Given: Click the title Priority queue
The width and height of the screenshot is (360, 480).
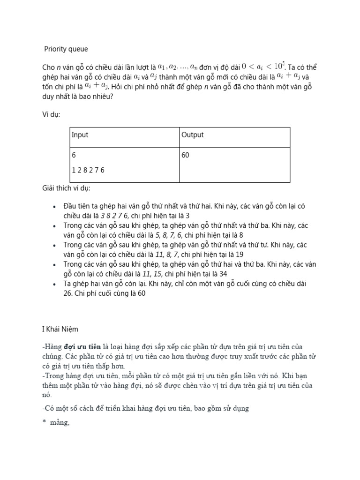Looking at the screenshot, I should point(66,49).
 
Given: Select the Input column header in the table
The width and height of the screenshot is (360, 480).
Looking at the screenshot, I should point(80,135).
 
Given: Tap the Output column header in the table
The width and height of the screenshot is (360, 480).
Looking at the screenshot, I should point(192,135).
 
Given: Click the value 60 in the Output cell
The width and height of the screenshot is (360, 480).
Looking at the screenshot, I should point(185,155).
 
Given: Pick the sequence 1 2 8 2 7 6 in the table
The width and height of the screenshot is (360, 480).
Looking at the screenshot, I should point(88,170).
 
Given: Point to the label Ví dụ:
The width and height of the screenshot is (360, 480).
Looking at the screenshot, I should point(51,114).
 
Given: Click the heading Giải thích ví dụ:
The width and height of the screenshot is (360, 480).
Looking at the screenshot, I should point(66,188).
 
